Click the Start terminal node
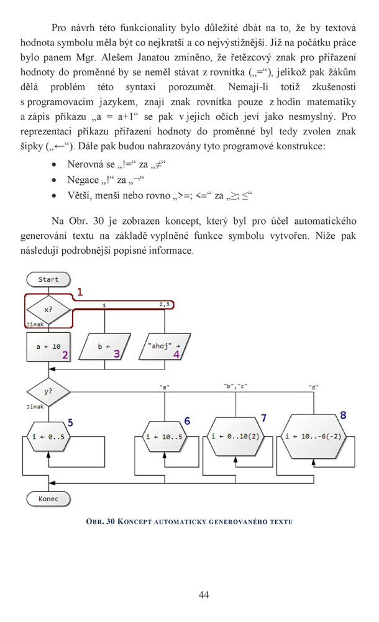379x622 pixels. pyautogui.click(x=48, y=279)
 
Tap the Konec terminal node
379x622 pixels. pyautogui.click(x=48, y=499)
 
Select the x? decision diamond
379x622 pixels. pyautogui.click(x=48, y=310)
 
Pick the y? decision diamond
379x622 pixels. pyautogui.click(x=48, y=391)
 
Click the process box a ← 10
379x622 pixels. pyautogui.click(x=48, y=346)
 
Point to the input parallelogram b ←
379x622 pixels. pyautogui.click(x=104, y=346)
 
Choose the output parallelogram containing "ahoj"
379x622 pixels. pyautogui.click(x=165, y=346)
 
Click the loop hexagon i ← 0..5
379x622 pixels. pyautogui.click(x=48, y=437)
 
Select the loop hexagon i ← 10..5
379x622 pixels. pyautogui.click(x=164, y=437)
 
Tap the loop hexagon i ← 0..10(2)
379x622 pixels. pyautogui.click(x=235, y=437)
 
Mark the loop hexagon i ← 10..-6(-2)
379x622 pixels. pyautogui.click(x=313, y=437)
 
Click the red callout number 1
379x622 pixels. pyautogui.click(x=80, y=292)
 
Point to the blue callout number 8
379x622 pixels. pyautogui.click(x=343, y=415)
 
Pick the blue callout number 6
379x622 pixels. pyautogui.click(x=187, y=421)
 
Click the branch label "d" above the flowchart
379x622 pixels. pyautogui.click(x=313, y=386)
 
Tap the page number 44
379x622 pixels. pyautogui.click(x=204, y=594)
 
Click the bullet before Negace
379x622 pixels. pyautogui.click(x=54, y=180)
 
